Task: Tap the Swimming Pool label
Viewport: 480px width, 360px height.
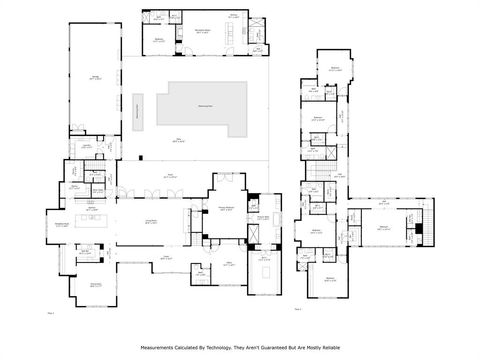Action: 204,104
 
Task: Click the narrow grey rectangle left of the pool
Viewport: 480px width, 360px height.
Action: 137,111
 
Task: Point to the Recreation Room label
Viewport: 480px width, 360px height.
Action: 206,31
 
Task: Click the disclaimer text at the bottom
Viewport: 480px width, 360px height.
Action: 240,348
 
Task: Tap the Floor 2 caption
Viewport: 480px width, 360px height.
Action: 298,309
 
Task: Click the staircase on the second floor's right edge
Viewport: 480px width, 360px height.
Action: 431,212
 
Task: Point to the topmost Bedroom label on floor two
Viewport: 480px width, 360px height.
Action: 336,68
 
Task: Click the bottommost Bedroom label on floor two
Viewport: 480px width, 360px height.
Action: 330,279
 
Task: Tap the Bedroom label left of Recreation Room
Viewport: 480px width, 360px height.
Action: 159,39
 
